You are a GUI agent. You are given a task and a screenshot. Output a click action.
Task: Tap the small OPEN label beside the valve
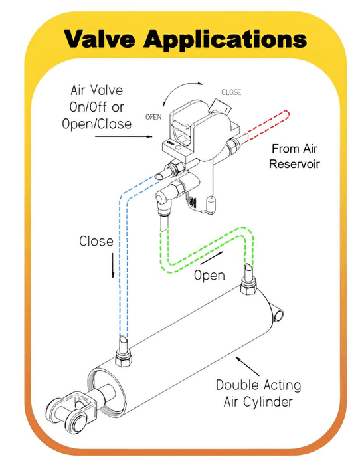point(154,116)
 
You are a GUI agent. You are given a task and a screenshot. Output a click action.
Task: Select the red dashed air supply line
point(266,123)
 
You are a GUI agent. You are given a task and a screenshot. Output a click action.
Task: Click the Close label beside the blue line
point(96,240)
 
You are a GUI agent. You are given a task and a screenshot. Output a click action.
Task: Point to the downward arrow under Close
point(113,266)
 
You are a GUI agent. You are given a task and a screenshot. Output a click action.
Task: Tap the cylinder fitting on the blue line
point(123,351)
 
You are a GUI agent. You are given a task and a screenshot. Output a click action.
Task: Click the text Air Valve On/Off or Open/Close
point(99,106)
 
